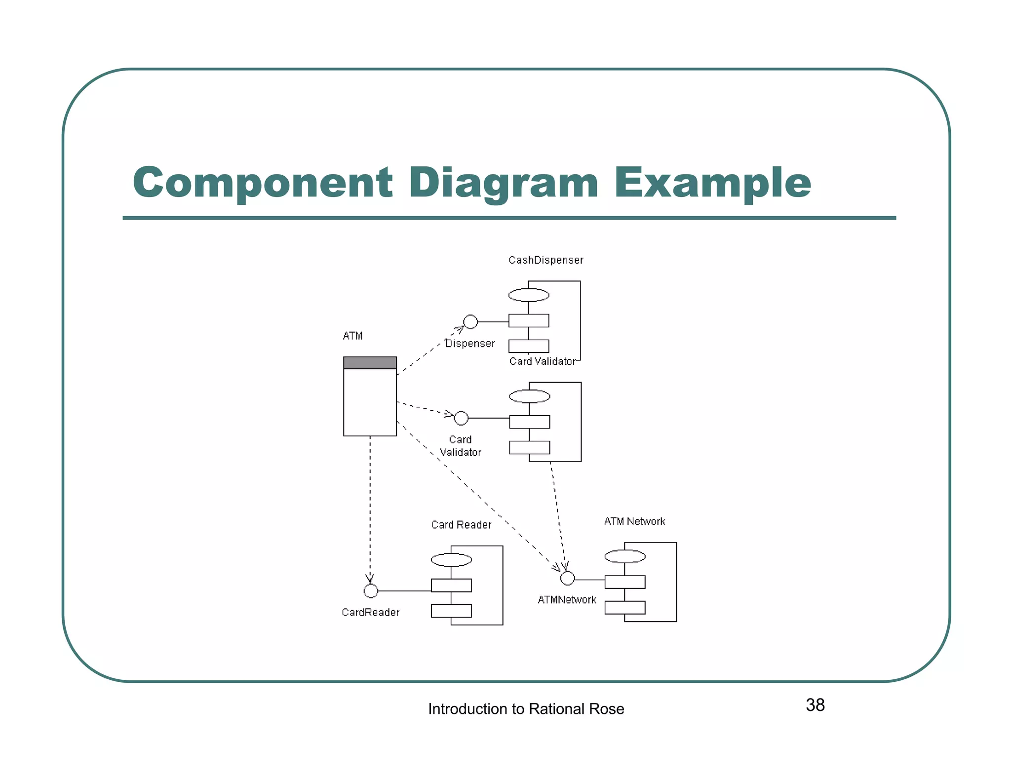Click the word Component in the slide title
[263, 183]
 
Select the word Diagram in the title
[503, 183]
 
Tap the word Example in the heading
[712, 183]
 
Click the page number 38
[815, 705]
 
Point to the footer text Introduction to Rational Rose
[526, 709]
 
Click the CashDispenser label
[545, 260]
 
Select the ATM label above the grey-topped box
[352, 336]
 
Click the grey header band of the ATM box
[370, 363]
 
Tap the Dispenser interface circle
[470, 322]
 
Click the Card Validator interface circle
[461, 418]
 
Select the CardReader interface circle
[371, 591]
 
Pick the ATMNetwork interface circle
[568, 578]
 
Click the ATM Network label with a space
[634, 522]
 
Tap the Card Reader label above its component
[461, 525]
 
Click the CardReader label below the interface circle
[370, 613]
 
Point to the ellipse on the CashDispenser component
[529, 295]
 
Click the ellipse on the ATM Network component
[625, 556]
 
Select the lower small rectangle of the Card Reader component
[451, 611]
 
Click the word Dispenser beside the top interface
[470, 344]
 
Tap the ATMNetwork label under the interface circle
[567, 600]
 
